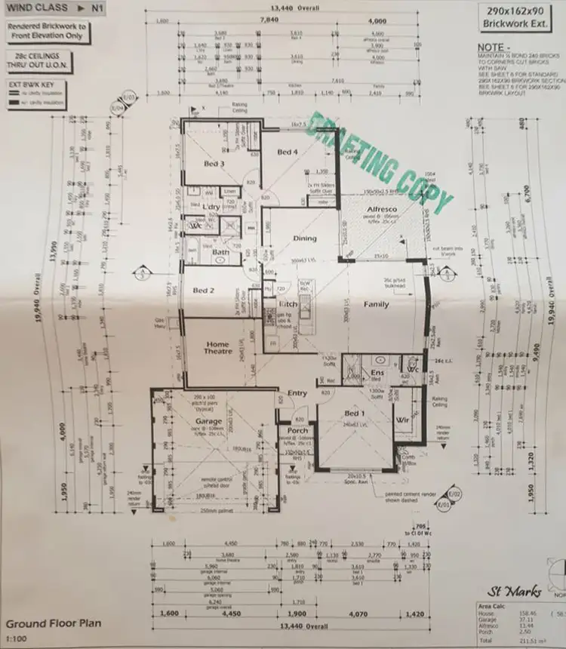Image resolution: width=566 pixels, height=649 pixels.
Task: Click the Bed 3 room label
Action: coord(214,163)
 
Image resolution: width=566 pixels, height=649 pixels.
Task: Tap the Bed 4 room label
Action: coord(288,152)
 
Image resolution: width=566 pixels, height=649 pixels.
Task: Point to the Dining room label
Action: coord(305,238)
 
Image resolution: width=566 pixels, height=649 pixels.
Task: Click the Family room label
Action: coord(376,305)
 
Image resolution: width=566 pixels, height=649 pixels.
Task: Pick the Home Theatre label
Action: coord(217,348)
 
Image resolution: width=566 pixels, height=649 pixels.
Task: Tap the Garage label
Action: coord(209,422)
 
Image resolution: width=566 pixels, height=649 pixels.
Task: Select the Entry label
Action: coord(297,393)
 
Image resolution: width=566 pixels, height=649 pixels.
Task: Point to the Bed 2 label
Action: coord(205,290)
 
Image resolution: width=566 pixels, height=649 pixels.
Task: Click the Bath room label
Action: coord(220,252)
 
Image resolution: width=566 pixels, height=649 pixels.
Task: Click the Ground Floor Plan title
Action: coord(53,624)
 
